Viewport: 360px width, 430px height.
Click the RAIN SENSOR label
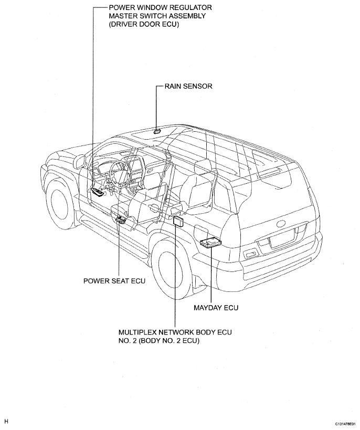[x=188, y=86]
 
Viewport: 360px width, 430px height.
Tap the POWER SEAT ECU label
[x=114, y=281]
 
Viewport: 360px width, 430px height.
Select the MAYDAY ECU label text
[x=216, y=308]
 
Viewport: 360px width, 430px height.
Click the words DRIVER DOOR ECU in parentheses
[x=144, y=24]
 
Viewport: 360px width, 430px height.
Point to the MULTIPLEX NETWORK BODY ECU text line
[x=175, y=332]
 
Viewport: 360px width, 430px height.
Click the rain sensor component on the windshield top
[x=157, y=131]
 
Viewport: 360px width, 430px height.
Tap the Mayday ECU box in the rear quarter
[x=210, y=243]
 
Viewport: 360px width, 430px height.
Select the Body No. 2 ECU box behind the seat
[x=178, y=220]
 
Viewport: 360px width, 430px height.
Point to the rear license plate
[x=282, y=238]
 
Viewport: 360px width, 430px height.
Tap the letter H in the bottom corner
[x=7, y=422]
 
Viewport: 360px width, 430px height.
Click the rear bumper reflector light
[x=250, y=255]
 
